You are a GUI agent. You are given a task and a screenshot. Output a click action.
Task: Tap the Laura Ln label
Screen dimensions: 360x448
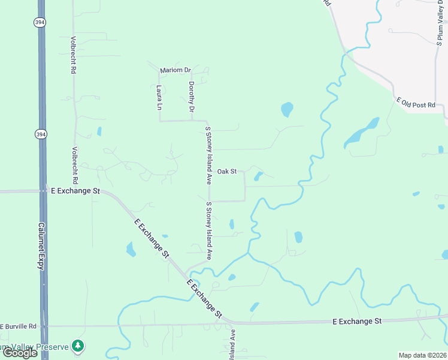(x=159, y=97)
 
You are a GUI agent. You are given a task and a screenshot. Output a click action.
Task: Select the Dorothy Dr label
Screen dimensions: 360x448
(x=192, y=97)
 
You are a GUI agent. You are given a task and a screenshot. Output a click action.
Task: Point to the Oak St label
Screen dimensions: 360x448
(x=227, y=172)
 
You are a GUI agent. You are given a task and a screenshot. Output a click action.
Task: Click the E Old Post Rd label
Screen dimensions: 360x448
(x=415, y=104)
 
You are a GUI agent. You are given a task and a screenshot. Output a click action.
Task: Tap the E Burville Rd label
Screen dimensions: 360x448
(x=18, y=326)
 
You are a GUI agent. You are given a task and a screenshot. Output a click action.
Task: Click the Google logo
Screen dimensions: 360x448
(x=20, y=353)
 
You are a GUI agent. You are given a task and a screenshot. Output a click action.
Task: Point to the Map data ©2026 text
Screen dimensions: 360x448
(x=423, y=355)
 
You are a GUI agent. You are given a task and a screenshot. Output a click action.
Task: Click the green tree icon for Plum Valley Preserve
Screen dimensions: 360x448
(x=77, y=346)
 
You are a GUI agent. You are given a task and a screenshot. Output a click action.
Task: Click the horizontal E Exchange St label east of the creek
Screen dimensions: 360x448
(x=357, y=322)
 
